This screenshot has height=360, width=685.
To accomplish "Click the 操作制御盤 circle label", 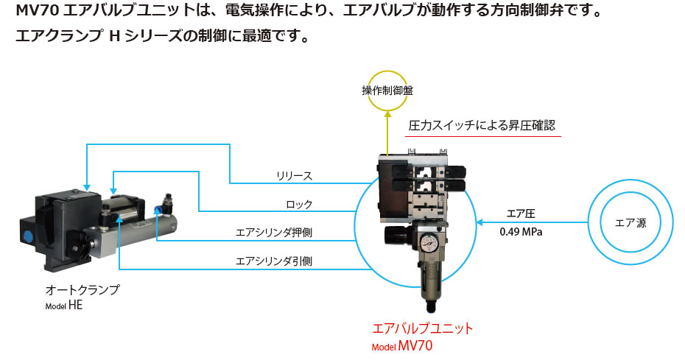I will click(387, 91).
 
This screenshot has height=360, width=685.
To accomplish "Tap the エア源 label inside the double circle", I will click(630, 223).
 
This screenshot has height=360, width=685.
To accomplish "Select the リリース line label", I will click(295, 176).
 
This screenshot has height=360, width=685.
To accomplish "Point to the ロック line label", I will click(299, 204).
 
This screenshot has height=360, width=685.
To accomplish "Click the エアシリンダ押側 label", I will click(273, 233).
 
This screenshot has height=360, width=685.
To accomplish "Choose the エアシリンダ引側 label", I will click(273, 260).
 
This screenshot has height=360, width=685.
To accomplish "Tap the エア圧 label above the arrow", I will click(520, 213).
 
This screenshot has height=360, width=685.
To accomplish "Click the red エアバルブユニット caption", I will click(424, 328).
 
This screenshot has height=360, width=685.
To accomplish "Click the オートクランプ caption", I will click(82, 290).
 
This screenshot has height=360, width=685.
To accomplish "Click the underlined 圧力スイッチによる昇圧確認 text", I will click(484, 126).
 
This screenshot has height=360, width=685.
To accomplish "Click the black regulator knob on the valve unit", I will click(391, 238).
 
